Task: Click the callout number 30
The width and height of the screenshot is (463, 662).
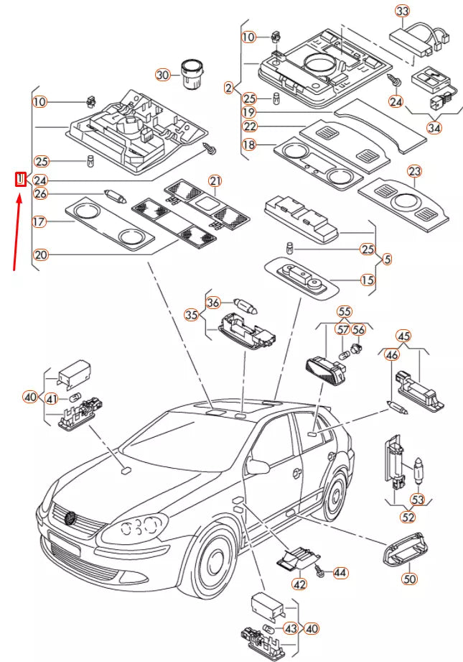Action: click(x=163, y=75)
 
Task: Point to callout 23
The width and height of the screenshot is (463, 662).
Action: click(x=414, y=171)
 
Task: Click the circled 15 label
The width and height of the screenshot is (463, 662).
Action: click(x=368, y=280)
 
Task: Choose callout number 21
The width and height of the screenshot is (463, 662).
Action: click(x=215, y=180)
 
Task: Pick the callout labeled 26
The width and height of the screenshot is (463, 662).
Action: click(x=40, y=193)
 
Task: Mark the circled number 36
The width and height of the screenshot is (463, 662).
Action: click(x=213, y=303)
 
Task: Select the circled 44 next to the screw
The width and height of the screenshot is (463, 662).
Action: click(x=340, y=573)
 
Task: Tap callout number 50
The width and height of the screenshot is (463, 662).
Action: click(x=409, y=577)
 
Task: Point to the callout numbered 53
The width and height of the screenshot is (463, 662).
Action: click(x=418, y=499)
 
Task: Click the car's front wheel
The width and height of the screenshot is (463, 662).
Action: click(x=215, y=568)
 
